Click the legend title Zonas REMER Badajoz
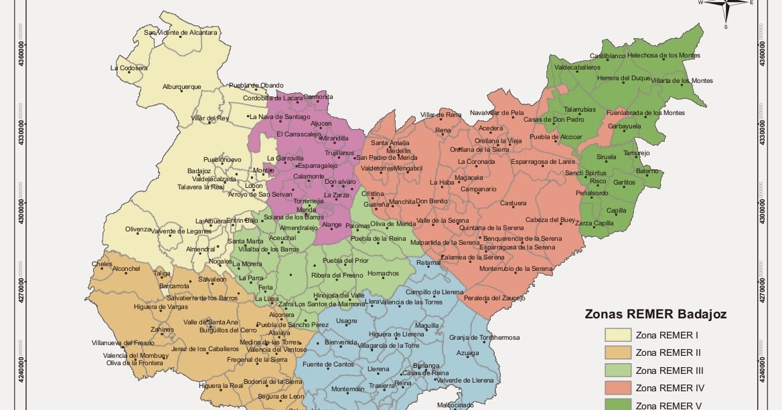pyautogui.click(x=655, y=314)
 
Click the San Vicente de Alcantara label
pyautogui.click(x=181, y=32)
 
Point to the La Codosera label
pyautogui.click(x=129, y=68)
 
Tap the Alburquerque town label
pyautogui.click(x=181, y=87)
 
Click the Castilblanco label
pyautogui.click(x=607, y=56)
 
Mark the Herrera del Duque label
pyautogui.click(x=623, y=78)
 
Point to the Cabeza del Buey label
pyautogui.click(x=550, y=219)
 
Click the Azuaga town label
pyautogui.click(x=468, y=352)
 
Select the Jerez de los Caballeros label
pyautogui.click(x=205, y=348)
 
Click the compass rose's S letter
pyautogui.click(x=725, y=27)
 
